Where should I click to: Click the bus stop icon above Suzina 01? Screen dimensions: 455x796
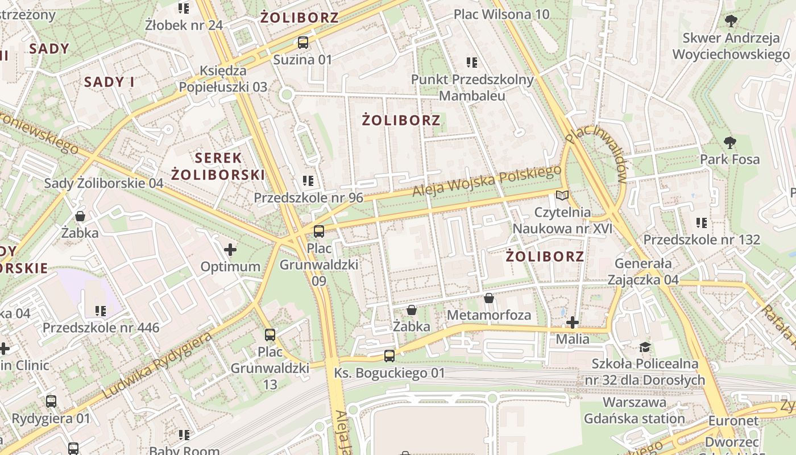303,42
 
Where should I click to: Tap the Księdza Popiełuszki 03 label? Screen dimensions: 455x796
223,79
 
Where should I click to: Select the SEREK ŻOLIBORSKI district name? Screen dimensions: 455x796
218,166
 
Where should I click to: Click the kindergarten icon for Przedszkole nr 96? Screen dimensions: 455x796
308,181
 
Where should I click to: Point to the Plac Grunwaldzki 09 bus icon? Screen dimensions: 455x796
319,231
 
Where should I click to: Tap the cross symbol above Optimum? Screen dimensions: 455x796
230,250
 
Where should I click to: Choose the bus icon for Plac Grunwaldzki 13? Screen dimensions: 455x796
270,335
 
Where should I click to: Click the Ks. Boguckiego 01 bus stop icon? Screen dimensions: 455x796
389,356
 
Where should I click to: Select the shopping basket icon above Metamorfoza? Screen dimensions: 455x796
489,298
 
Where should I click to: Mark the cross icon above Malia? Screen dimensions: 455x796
573,323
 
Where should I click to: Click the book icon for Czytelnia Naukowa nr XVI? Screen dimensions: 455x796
562,196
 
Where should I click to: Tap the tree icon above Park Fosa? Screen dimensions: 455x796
730,142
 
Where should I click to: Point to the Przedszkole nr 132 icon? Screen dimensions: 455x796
702,223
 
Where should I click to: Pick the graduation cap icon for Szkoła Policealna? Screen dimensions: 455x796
645,347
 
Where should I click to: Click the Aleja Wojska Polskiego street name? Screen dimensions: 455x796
487,181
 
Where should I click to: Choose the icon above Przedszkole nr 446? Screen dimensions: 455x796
101,311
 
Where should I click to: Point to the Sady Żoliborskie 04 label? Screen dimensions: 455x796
103,183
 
